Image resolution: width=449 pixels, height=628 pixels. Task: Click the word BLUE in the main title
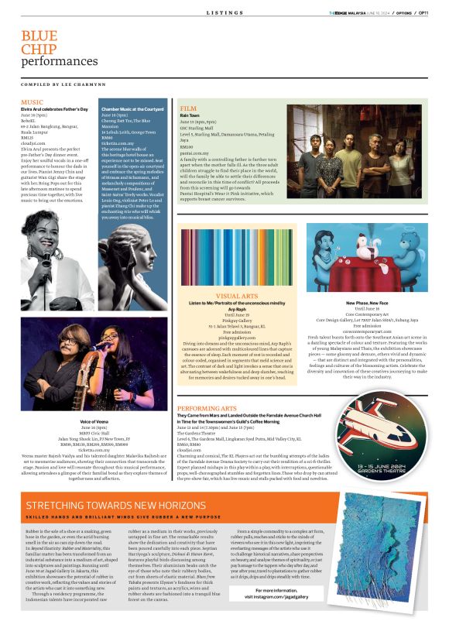click(39, 36)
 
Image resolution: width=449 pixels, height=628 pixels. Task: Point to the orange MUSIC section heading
click(32, 102)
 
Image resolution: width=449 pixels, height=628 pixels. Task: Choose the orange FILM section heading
click(187, 108)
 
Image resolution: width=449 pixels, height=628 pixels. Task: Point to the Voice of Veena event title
click(92, 420)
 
